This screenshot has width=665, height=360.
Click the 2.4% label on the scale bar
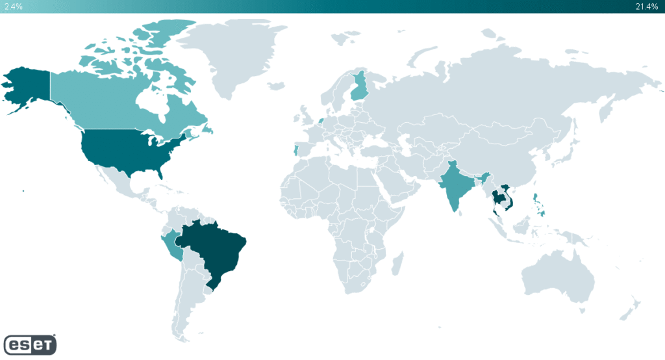[x=14, y=6]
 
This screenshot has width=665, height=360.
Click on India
[x=455, y=185]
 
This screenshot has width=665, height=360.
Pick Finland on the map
[x=359, y=88]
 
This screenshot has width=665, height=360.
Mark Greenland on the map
[x=231, y=52]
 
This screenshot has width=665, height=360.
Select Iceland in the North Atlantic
[x=275, y=86]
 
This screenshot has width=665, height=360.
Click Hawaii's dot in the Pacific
[x=23, y=191]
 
